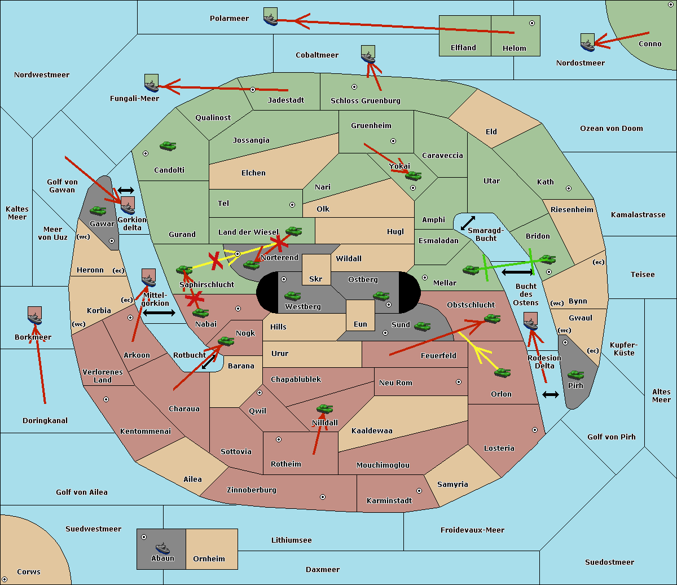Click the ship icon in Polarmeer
(x=271, y=16)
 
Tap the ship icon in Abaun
(x=162, y=548)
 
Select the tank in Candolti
(x=168, y=146)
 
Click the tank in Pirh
(x=576, y=375)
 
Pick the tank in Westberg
(x=292, y=296)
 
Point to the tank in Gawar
(x=98, y=210)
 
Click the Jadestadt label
(x=286, y=100)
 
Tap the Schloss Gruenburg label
(x=366, y=100)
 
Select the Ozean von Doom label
(x=612, y=129)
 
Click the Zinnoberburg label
(x=252, y=490)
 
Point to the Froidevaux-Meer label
(x=472, y=530)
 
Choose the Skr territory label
(x=315, y=279)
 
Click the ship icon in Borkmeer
(x=35, y=315)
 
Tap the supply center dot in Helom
(x=532, y=23)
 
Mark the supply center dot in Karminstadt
(x=419, y=491)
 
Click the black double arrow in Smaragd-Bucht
(x=468, y=223)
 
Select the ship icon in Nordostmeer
(x=588, y=42)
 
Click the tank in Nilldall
(x=324, y=409)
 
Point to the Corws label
(x=29, y=571)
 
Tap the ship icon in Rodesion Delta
(x=530, y=321)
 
